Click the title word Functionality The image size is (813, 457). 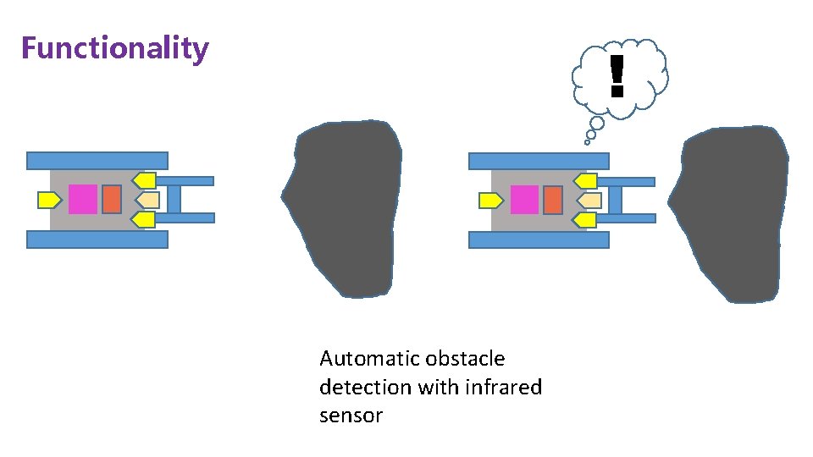[114, 48]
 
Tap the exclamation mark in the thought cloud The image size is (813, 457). [617, 74]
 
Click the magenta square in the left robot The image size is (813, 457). [83, 199]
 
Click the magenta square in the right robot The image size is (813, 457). [525, 200]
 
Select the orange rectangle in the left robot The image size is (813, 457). [111, 199]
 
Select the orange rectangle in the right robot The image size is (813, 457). [553, 200]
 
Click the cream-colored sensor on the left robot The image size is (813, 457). [148, 200]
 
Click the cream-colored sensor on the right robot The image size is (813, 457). [589, 201]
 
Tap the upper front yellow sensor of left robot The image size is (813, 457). [144, 180]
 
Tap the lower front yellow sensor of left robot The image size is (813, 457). [144, 220]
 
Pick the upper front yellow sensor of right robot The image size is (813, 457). [586, 181]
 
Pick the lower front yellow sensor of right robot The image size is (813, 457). [586, 221]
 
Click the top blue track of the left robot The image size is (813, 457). [97, 161]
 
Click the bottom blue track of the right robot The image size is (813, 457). [539, 240]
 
